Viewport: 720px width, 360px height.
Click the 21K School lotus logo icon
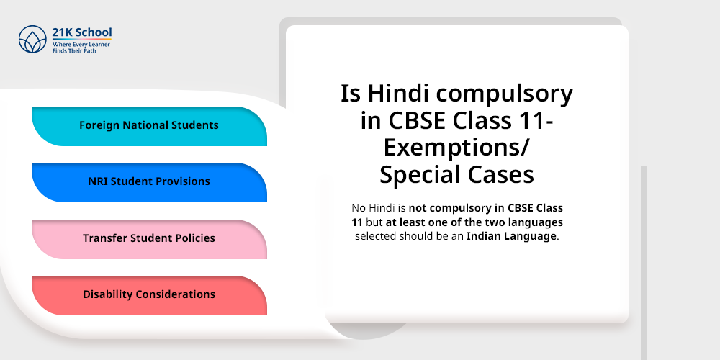pyautogui.click(x=32, y=40)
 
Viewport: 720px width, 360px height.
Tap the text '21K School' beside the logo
pyautogui.click(x=81, y=32)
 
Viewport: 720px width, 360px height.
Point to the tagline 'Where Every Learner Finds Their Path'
pyautogui.click(x=79, y=48)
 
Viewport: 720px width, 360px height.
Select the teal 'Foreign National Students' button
pyautogui.click(x=149, y=126)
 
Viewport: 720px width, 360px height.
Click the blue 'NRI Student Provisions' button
pyautogui.click(x=149, y=182)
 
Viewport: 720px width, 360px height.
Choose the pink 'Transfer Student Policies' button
pyautogui.click(x=149, y=238)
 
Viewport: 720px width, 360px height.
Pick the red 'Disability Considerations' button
pyautogui.click(x=149, y=295)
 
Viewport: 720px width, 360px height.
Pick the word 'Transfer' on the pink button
pyautogui.click(x=105, y=238)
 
